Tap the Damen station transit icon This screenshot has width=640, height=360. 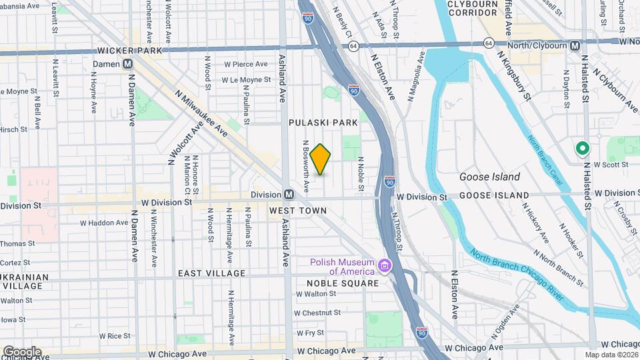click(x=127, y=63)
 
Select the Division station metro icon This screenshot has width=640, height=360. click(x=289, y=194)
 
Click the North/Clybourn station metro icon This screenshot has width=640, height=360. click(x=575, y=45)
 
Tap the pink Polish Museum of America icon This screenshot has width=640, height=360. click(x=385, y=267)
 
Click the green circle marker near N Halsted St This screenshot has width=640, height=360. click(x=581, y=149)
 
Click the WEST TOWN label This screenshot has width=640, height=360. click(x=298, y=211)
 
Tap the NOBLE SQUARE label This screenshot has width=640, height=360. click(x=342, y=283)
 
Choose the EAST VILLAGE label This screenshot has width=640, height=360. click(x=211, y=273)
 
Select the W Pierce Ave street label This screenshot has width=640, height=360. click(x=245, y=65)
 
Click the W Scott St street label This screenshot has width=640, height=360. click(x=611, y=164)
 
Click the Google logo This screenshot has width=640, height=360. click(x=22, y=351)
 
